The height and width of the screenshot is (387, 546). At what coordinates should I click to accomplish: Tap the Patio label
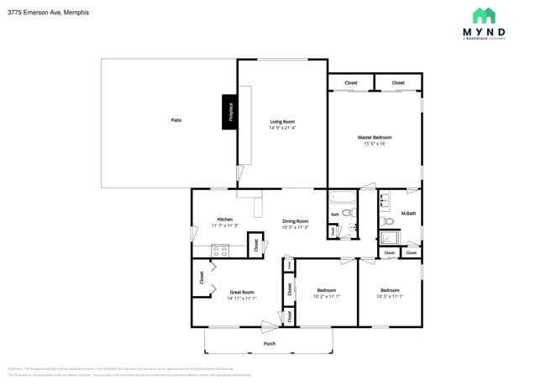[176, 120]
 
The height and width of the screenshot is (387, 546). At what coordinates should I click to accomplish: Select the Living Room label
[282, 121]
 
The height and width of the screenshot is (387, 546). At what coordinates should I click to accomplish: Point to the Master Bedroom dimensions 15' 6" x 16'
[375, 144]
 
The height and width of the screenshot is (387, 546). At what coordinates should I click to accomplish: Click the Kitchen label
[224, 220]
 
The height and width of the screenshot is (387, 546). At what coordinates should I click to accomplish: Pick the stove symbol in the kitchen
[221, 249]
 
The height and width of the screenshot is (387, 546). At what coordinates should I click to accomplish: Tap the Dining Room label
[296, 221]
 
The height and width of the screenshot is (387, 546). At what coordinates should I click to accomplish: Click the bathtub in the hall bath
[342, 199]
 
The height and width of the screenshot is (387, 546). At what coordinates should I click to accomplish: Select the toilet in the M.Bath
[386, 222]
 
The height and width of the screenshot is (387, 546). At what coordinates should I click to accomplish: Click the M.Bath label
[409, 214]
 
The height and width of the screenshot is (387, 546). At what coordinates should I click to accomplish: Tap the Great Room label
[242, 292]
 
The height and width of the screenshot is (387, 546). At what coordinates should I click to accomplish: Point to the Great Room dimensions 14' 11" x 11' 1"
[242, 298]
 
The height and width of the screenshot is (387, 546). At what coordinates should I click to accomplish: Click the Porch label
[270, 343]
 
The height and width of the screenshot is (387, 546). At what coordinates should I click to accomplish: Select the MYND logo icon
[484, 15]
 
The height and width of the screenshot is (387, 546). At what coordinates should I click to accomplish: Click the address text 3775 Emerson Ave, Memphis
[49, 13]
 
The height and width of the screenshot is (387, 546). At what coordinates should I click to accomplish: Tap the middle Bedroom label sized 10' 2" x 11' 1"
[326, 290]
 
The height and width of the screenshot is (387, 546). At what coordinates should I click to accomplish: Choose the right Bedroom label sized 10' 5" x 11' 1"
[391, 290]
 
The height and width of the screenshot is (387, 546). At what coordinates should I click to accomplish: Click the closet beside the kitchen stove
[254, 246]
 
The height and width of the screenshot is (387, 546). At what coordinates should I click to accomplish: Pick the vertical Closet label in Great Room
[202, 276]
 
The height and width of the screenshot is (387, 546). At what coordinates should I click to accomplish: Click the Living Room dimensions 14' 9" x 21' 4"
[282, 128]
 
